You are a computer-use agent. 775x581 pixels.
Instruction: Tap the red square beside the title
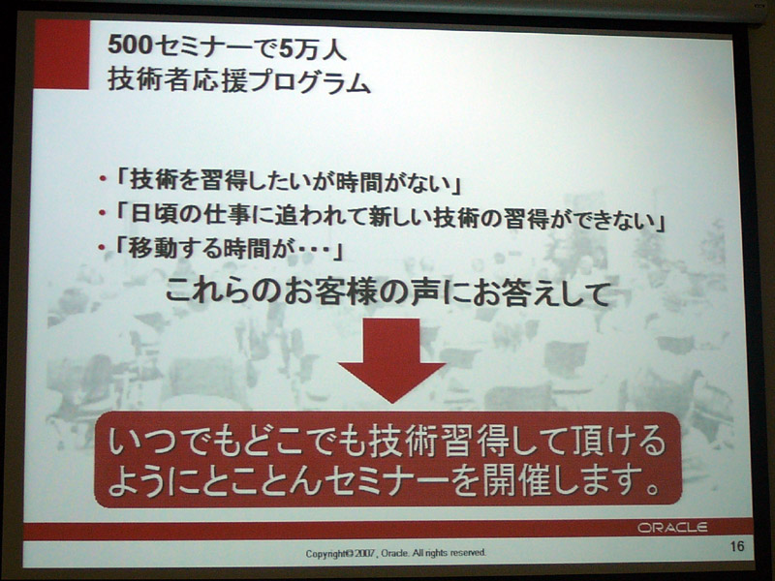click(x=62, y=54)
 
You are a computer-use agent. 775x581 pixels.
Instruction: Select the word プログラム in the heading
click(x=310, y=80)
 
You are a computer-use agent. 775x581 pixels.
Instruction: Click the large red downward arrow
click(x=392, y=360)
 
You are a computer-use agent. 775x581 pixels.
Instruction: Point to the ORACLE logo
click(x=672, y=528)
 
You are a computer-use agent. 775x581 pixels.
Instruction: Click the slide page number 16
click(x=736, y=546)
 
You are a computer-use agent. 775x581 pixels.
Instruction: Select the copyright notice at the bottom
click(x=396, y=553)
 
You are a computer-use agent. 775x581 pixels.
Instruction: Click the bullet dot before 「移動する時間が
click(x=103, y=247)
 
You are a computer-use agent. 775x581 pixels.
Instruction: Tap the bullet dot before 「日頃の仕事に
click(x=103, y=213)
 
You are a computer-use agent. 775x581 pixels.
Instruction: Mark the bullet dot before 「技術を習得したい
click(x=103, y=179)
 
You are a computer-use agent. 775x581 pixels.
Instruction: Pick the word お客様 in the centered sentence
click(x=345, y=292)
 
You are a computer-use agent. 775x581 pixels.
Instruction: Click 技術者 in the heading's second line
click(x=146, y=80)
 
